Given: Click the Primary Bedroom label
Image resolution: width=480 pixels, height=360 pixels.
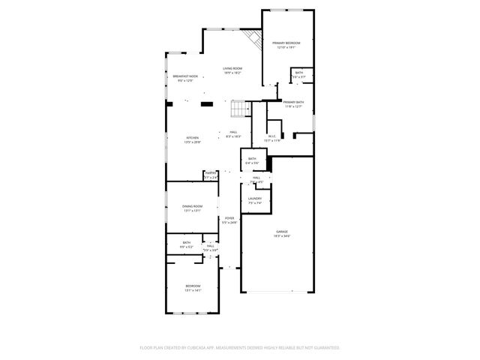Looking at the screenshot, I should pos(286,43).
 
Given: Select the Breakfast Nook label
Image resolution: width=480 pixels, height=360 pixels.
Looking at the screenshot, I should pos(185,76).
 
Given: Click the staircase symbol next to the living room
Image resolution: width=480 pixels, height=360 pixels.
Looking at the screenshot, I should pos(238,109).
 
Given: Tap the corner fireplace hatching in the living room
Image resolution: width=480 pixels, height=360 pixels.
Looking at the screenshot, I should pos(253,38).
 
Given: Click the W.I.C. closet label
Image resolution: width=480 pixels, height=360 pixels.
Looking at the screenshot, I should pos(271,136).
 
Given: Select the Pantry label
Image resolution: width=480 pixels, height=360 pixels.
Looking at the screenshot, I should pos(211,173).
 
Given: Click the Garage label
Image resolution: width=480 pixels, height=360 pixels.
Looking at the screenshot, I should pos(282,232).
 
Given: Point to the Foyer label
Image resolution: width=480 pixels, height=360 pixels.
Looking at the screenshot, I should pos(229,218).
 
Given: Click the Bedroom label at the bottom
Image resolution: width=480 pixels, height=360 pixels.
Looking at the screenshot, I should pos(193,286).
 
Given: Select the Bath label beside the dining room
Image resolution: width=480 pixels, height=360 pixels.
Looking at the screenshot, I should pos(187,242).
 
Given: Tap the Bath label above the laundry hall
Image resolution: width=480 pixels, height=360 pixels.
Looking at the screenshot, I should pos(253,158).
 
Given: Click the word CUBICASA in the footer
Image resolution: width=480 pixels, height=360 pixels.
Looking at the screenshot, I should pos(214,348).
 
